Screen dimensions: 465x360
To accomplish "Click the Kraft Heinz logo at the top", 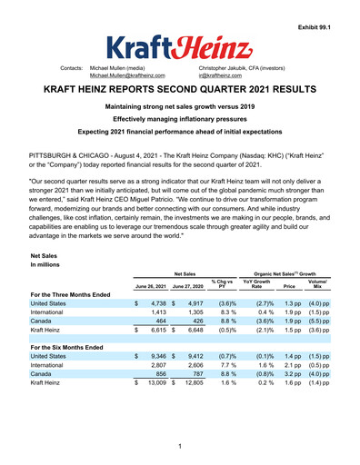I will (x=181, y=43).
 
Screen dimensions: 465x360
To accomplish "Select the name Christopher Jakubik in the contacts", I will (x=231, y=68).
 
